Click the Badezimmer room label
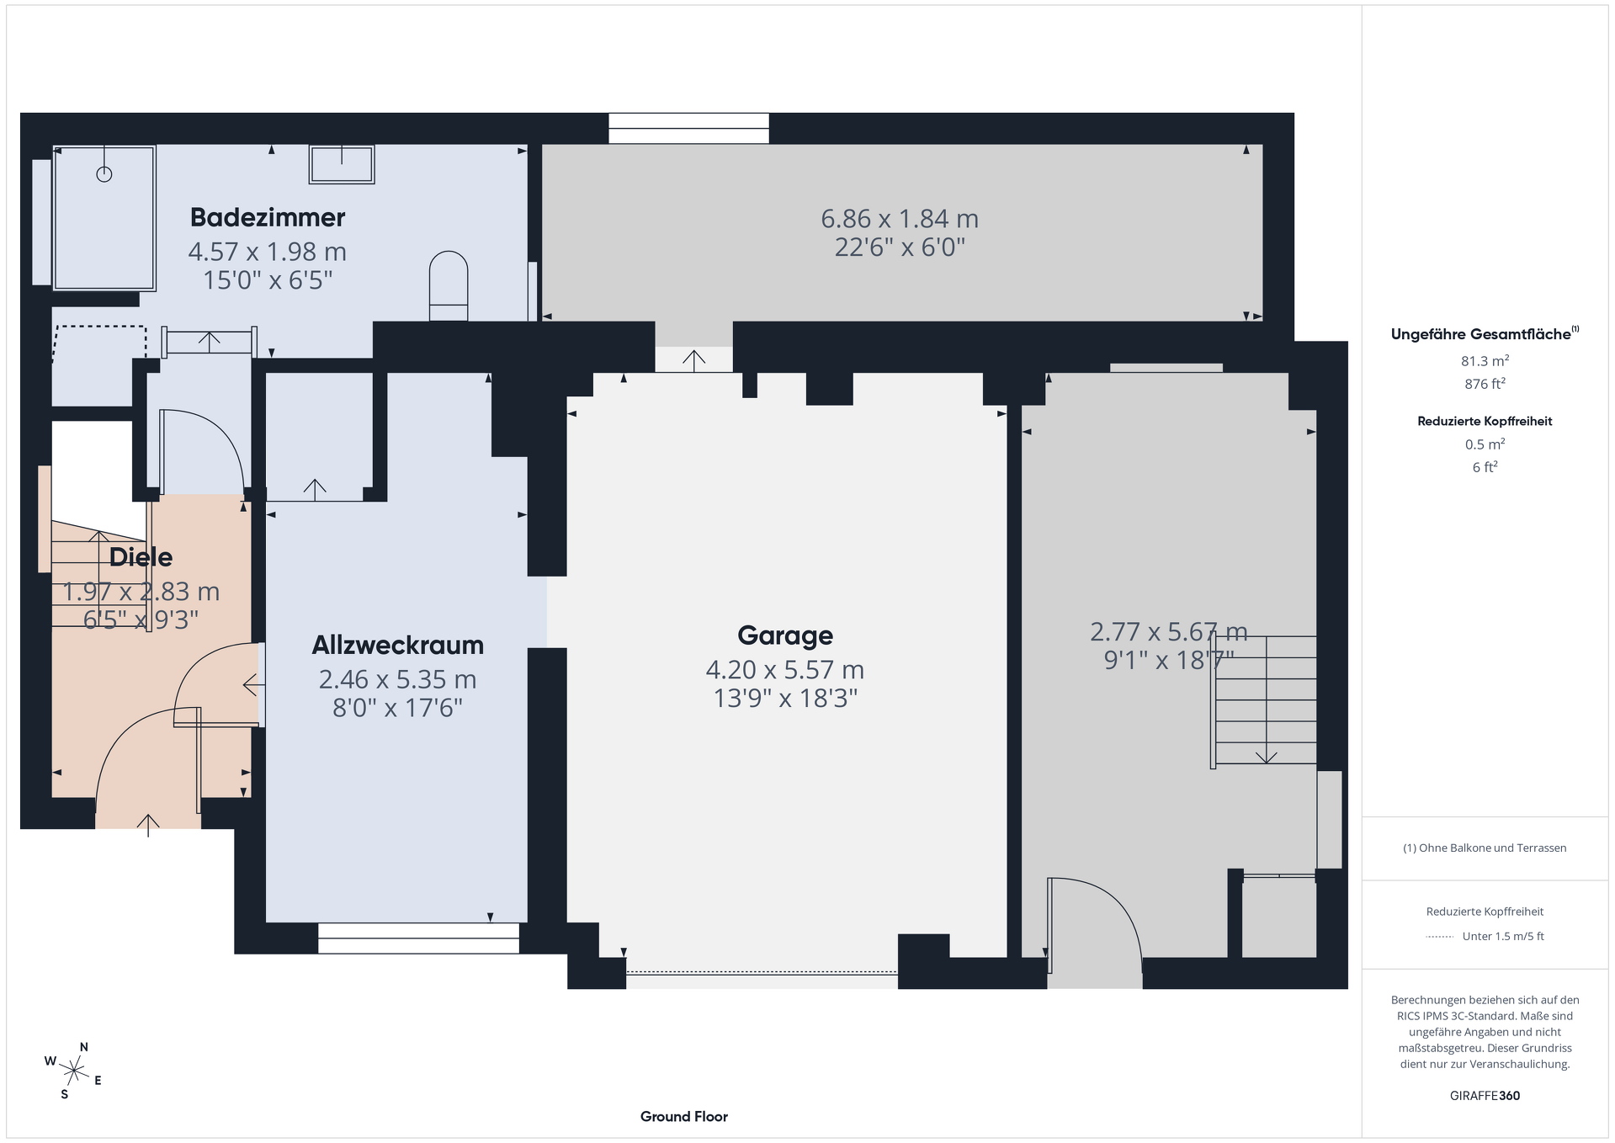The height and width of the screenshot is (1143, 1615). tap(268, 217)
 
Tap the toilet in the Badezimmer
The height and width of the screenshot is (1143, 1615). tap(449, 285)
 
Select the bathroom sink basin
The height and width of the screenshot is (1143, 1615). tap(342, 164)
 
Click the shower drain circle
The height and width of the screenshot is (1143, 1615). tap(104, 174)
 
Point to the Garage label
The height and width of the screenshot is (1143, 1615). tap(785, 635)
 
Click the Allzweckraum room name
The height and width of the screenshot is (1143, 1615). tap(398, 645)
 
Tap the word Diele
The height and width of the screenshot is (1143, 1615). tap(141, 556)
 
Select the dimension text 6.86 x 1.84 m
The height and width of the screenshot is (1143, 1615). tap(900, 219)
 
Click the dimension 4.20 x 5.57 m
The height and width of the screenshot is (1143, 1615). tap(785, 670)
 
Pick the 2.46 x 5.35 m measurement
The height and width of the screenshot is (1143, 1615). tap(398, 679)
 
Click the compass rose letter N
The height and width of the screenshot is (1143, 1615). tap(84, 1047)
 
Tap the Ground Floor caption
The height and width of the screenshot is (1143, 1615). tap(684, 1116)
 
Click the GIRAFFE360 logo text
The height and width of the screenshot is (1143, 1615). tap(1485, 1095)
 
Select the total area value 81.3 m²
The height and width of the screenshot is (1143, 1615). tap(1485, 361)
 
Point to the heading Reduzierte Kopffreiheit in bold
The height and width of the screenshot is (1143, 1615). tap(1485, 421)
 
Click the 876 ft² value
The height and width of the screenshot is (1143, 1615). tap(1485, 384)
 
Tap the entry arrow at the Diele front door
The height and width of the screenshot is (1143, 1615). tap(148, 825)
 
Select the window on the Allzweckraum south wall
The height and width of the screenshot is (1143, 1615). tap(418, 938)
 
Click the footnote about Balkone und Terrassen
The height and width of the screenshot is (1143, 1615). tap(1485, 848)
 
